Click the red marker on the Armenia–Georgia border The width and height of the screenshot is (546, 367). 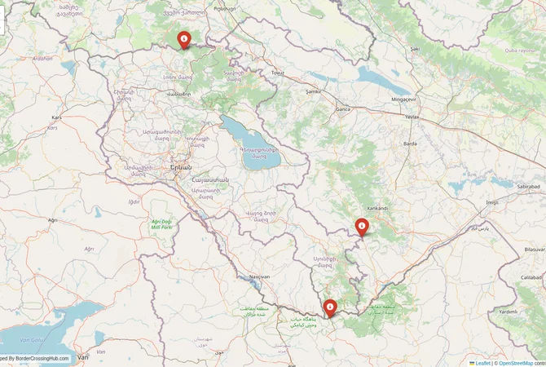pos(184,38)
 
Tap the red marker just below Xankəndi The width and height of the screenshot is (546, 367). pos(362,227)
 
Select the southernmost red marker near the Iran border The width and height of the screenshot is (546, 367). pos(330,307)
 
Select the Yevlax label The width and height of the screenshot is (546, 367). pos(412,117)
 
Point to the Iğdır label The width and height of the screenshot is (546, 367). pos(134,201)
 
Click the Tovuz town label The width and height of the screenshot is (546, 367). pos(279,73)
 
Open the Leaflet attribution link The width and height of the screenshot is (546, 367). pos(482,362)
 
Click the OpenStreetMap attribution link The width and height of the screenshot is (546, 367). pos(516,362)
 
